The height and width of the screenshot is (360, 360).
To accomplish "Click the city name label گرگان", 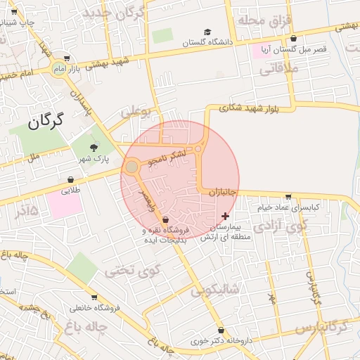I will coord(46,120).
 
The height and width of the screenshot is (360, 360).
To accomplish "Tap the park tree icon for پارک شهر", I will coord(94,147).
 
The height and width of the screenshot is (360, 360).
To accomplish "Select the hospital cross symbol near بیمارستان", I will coord(225,216).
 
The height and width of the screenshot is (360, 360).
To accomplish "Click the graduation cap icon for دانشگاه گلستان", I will coord(207,32).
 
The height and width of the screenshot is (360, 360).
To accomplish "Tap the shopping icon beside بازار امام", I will coord(66,58).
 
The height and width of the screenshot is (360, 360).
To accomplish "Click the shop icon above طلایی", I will coord(71,179).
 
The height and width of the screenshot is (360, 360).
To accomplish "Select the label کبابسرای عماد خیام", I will coord(288,207).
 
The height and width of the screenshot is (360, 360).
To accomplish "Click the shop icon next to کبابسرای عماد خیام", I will coord(288,197).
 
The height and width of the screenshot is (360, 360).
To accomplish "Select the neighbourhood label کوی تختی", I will coord(133,270).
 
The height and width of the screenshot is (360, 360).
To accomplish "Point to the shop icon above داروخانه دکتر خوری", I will coord(221,330).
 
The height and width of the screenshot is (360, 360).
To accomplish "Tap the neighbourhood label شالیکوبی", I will coord(215,288).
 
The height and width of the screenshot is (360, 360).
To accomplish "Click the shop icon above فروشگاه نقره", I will coord(165,220).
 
